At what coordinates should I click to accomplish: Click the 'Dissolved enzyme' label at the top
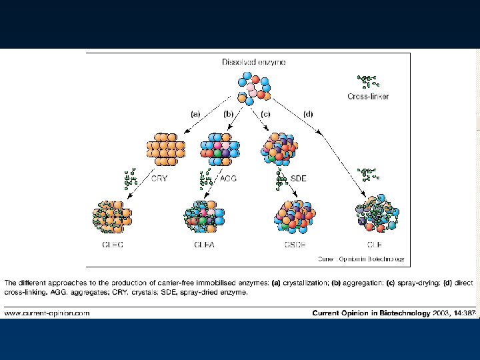pyautogui.click(x=254, y=62)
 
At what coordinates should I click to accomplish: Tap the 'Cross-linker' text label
pyautogui.click(x=368, y=97)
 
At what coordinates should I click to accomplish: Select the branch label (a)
pyautogui.click(x=195, y=114)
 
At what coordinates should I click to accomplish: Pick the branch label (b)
pyautogui.click(x=229, y=114)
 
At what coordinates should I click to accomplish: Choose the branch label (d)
pyautogui.click(x=308, y=114)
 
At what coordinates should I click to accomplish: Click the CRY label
pyautogui.click(x=160, y=178)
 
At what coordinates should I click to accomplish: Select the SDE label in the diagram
pyautogui.click(x=299, y=178)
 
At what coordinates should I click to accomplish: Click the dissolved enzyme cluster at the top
pyautogui.click(x=254, y=89)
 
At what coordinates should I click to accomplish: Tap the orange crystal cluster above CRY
pyautogui.click(x=165, y=149)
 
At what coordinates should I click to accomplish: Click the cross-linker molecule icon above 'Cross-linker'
pyautogui.click(x=367, y=82)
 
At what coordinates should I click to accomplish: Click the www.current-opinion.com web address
pyautogui.click(x=47, y=312)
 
